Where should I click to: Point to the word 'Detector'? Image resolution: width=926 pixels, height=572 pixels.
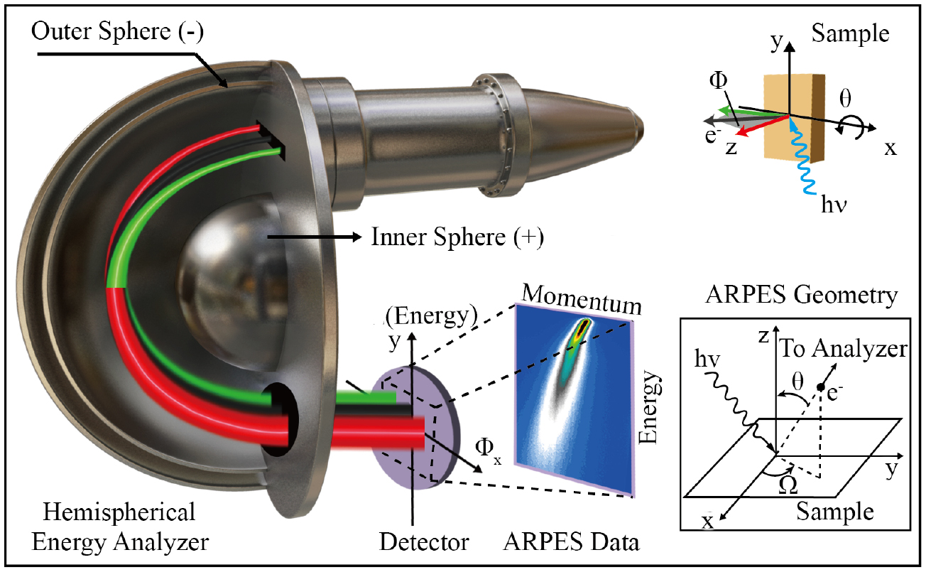[x=424, y=542]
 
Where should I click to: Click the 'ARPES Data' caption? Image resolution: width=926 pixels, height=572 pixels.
[x=571, y=542]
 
